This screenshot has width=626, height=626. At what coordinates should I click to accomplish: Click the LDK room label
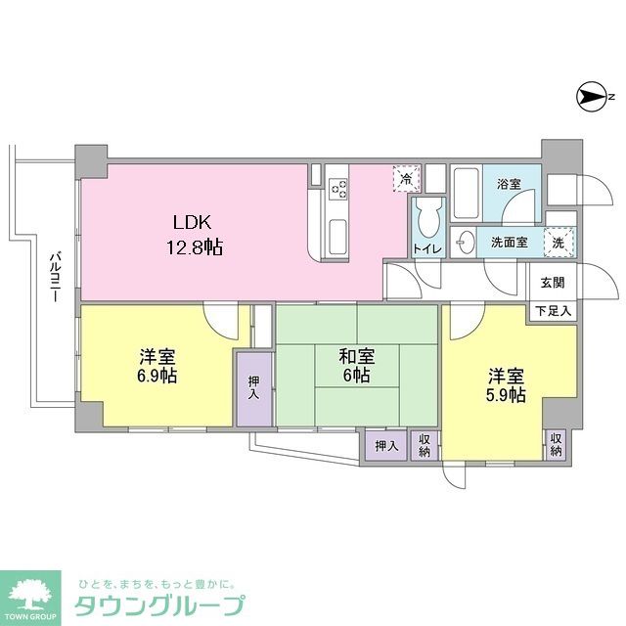(194, 221)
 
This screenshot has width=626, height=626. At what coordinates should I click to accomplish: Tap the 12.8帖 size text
(193, 247)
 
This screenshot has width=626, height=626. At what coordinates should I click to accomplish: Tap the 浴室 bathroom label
(508, 183)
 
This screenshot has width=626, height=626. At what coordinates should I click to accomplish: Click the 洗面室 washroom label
(510, 241)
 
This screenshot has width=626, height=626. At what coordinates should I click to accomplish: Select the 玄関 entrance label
(553, 284)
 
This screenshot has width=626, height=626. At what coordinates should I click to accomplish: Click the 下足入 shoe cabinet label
(553, 311)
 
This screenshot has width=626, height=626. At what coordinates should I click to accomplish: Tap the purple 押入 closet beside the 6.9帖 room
(253, 388)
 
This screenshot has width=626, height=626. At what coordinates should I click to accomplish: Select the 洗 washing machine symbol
(557, 241)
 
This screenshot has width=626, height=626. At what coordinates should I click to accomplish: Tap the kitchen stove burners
(338, 186)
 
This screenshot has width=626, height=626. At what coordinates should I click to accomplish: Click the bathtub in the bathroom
(466, 196)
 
